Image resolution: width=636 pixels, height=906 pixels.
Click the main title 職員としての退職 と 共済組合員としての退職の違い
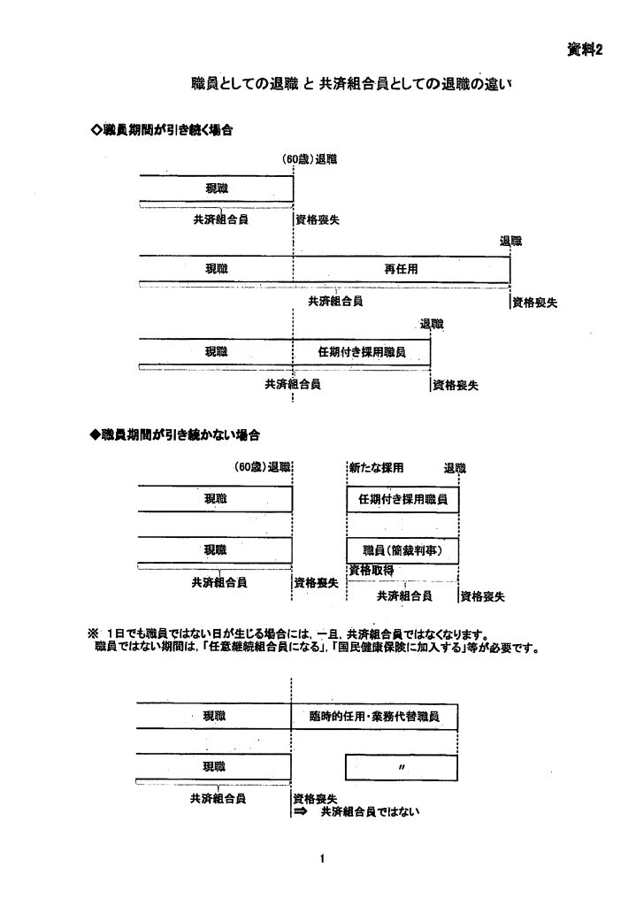point(353,87)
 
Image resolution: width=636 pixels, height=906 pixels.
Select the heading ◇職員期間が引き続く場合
point(162,130)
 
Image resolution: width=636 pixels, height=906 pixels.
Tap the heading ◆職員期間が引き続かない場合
point(176,435)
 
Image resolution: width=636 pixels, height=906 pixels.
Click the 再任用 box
point(401,269)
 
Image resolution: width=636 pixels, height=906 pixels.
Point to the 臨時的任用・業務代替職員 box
point(374,715)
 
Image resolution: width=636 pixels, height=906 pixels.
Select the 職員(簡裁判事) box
point(402,549)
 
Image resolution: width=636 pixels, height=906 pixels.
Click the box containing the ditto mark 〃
point(402,766)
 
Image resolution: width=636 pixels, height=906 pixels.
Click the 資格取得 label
point(371,569)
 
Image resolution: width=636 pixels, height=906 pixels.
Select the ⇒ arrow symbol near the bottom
point(299,810)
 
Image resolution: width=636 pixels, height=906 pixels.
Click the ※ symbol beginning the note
point(91,633)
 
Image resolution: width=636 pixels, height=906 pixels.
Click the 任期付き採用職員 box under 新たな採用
point(402,499)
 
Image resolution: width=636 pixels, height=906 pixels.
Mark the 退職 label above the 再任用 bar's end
point(510,241)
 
